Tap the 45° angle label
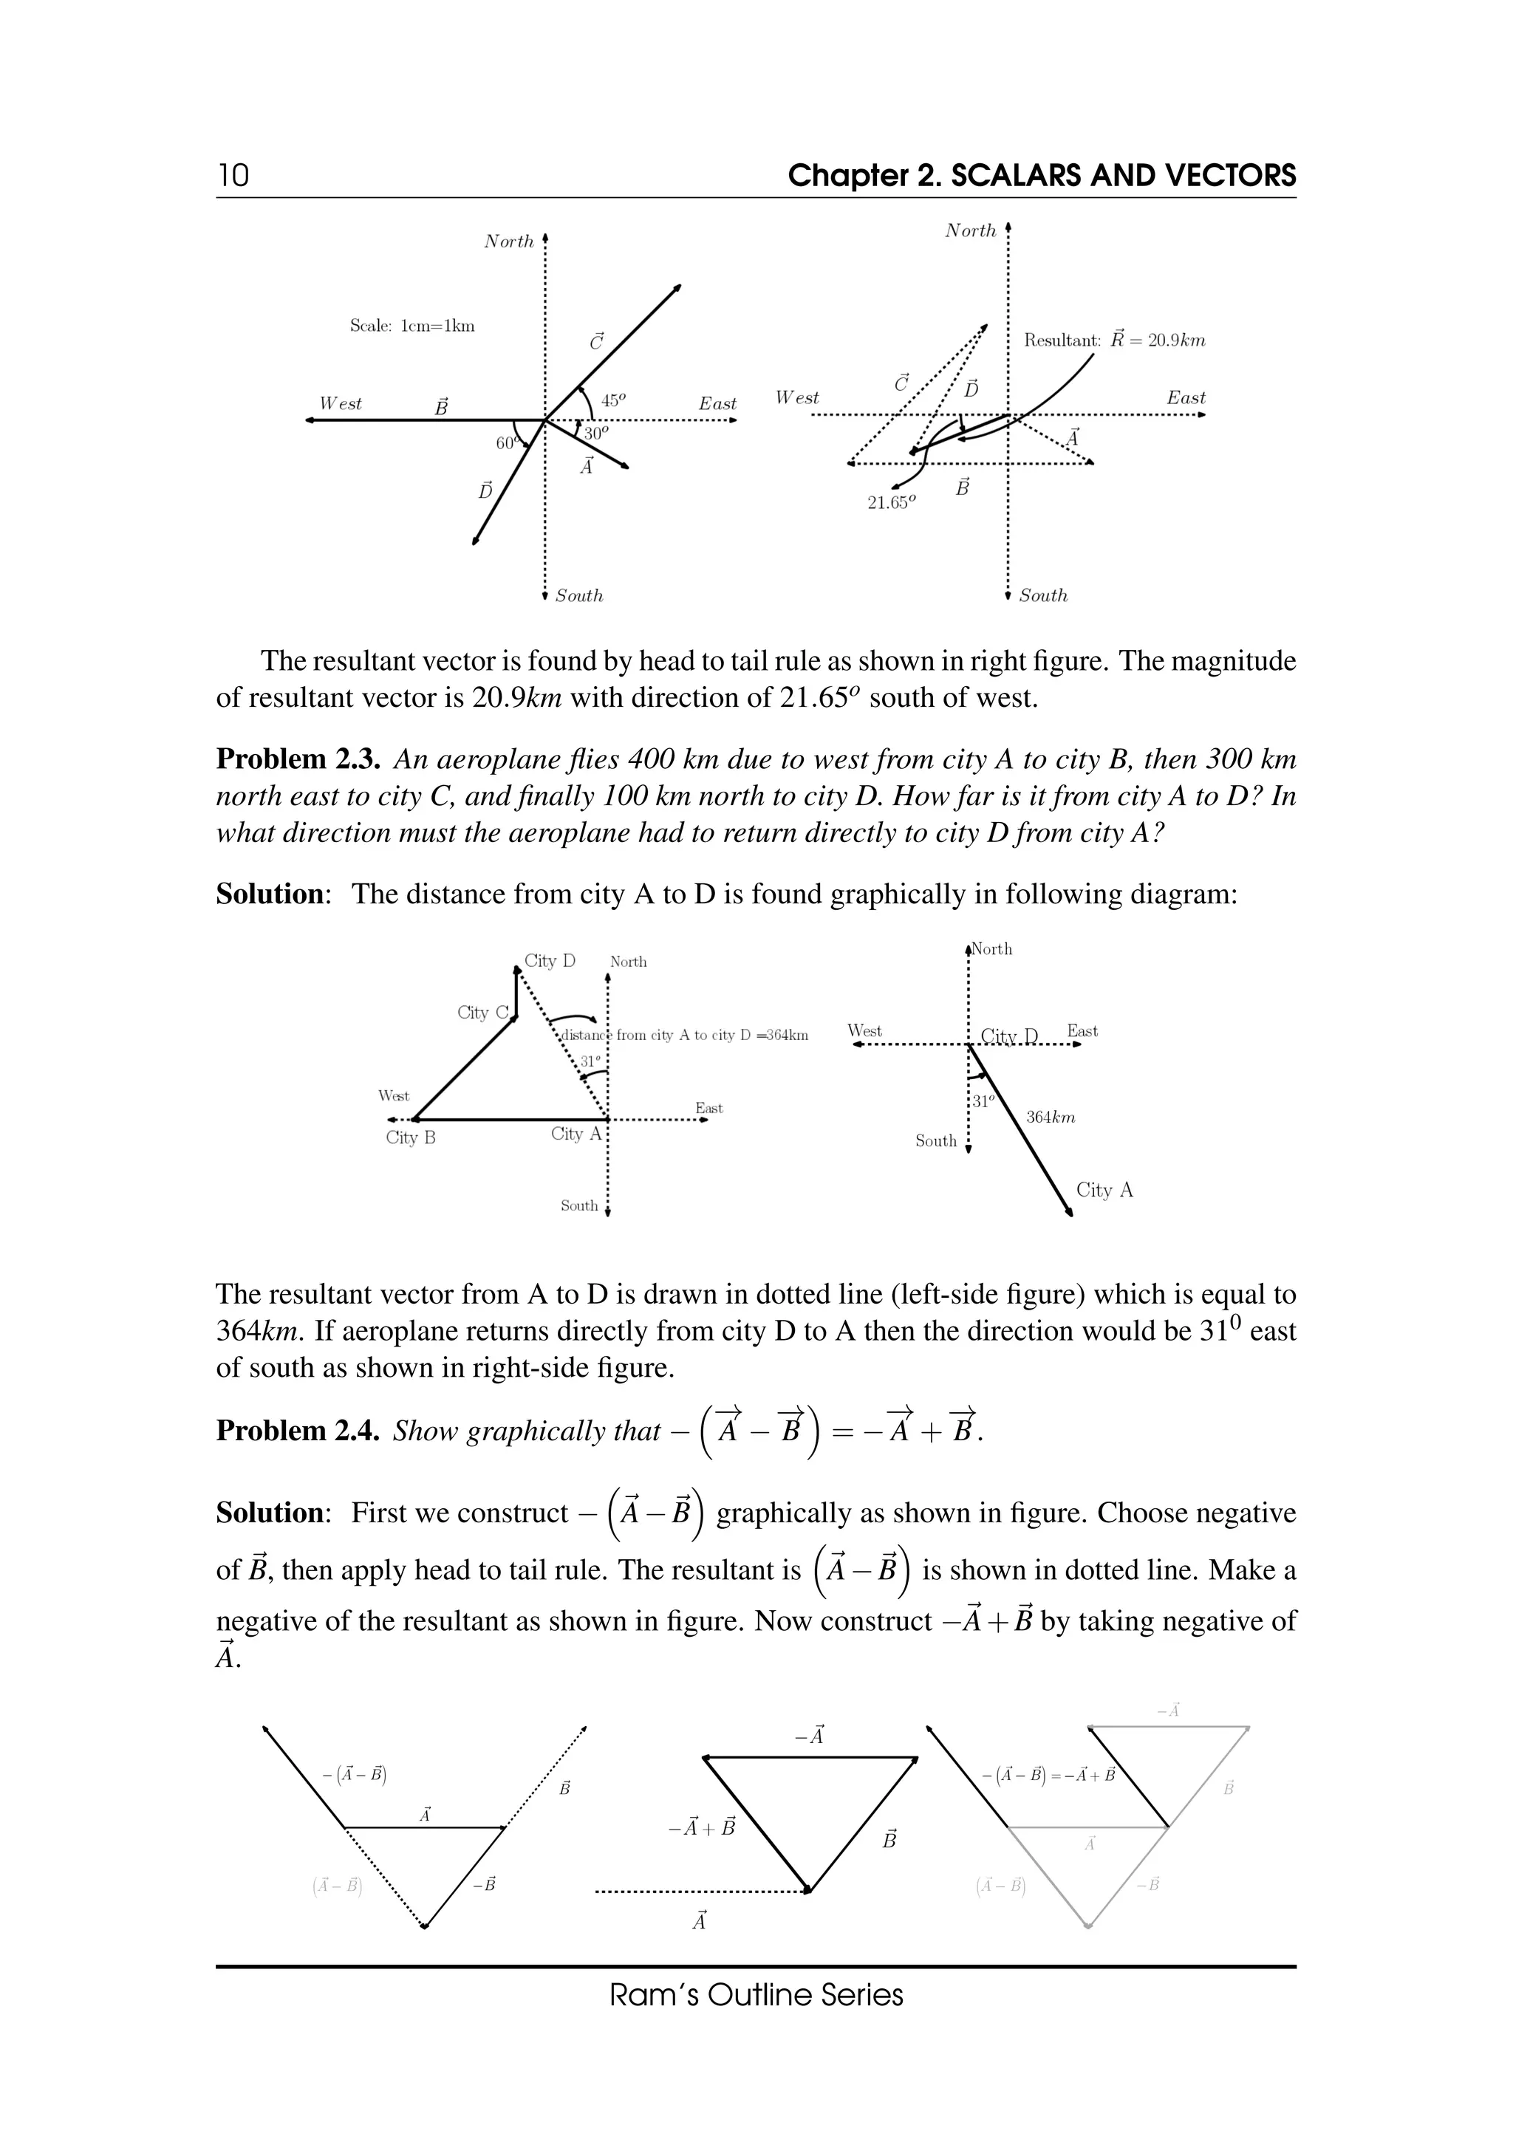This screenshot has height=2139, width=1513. pos(613,400)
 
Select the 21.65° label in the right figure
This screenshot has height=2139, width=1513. pos(892,502)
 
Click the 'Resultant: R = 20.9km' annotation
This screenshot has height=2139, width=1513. pos(1114,340)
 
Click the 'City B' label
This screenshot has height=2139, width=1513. pos(411,1137)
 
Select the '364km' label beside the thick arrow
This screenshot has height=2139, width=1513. pos(1050,1117)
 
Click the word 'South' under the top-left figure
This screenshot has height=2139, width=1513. pos(578,596)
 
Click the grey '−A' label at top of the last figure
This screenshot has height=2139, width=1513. pos(1168,1711)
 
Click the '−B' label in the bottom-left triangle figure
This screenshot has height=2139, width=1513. pos(484,1886)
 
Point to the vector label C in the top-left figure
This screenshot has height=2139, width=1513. pos(596,342)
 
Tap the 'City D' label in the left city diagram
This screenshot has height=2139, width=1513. pos(550,960)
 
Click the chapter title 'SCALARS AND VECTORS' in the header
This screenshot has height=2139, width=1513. pos(1123,175)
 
